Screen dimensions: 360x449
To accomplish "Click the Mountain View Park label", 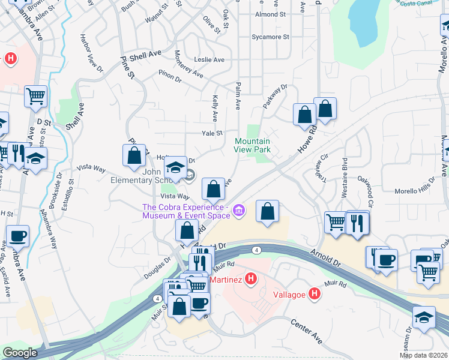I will coord(252,146).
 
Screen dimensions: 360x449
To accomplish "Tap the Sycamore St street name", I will coord(271,37).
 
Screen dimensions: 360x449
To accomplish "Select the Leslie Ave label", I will coord(209,59).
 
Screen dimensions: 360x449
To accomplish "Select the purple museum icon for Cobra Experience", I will coord(239,209).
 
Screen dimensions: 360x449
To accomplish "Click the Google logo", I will coord(20,353).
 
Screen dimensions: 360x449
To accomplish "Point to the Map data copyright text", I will coord(424,355).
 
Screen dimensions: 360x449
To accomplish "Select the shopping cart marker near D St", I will coord(36,96).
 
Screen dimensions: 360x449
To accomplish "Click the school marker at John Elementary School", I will coord(175,168).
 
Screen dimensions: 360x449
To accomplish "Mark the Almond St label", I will coord(270,14).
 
